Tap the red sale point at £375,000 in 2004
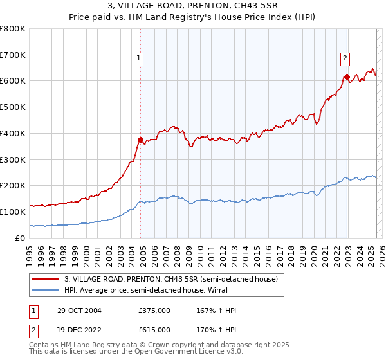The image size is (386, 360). point(141,139)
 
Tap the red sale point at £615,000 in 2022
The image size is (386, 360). point(347,76)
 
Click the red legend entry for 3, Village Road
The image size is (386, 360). point(170,279)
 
